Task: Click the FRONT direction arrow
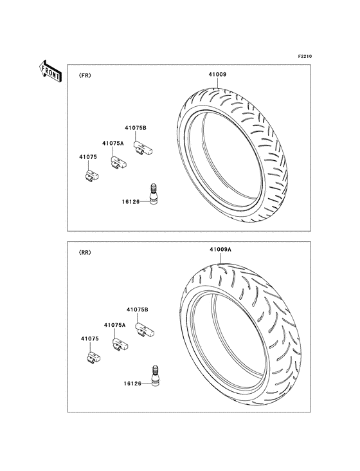(x=50, y=71)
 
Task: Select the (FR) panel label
(x=85, y=76)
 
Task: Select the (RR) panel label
(x=85, y=253)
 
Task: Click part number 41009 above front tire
(x=217, y=75)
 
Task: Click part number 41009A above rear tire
(x=221, y=249)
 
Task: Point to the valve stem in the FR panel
(x=154, y=194)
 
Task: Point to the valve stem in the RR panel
(x=156, y=376)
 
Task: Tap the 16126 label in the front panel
(x=130, y=202)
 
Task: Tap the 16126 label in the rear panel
(x=132, y=383)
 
